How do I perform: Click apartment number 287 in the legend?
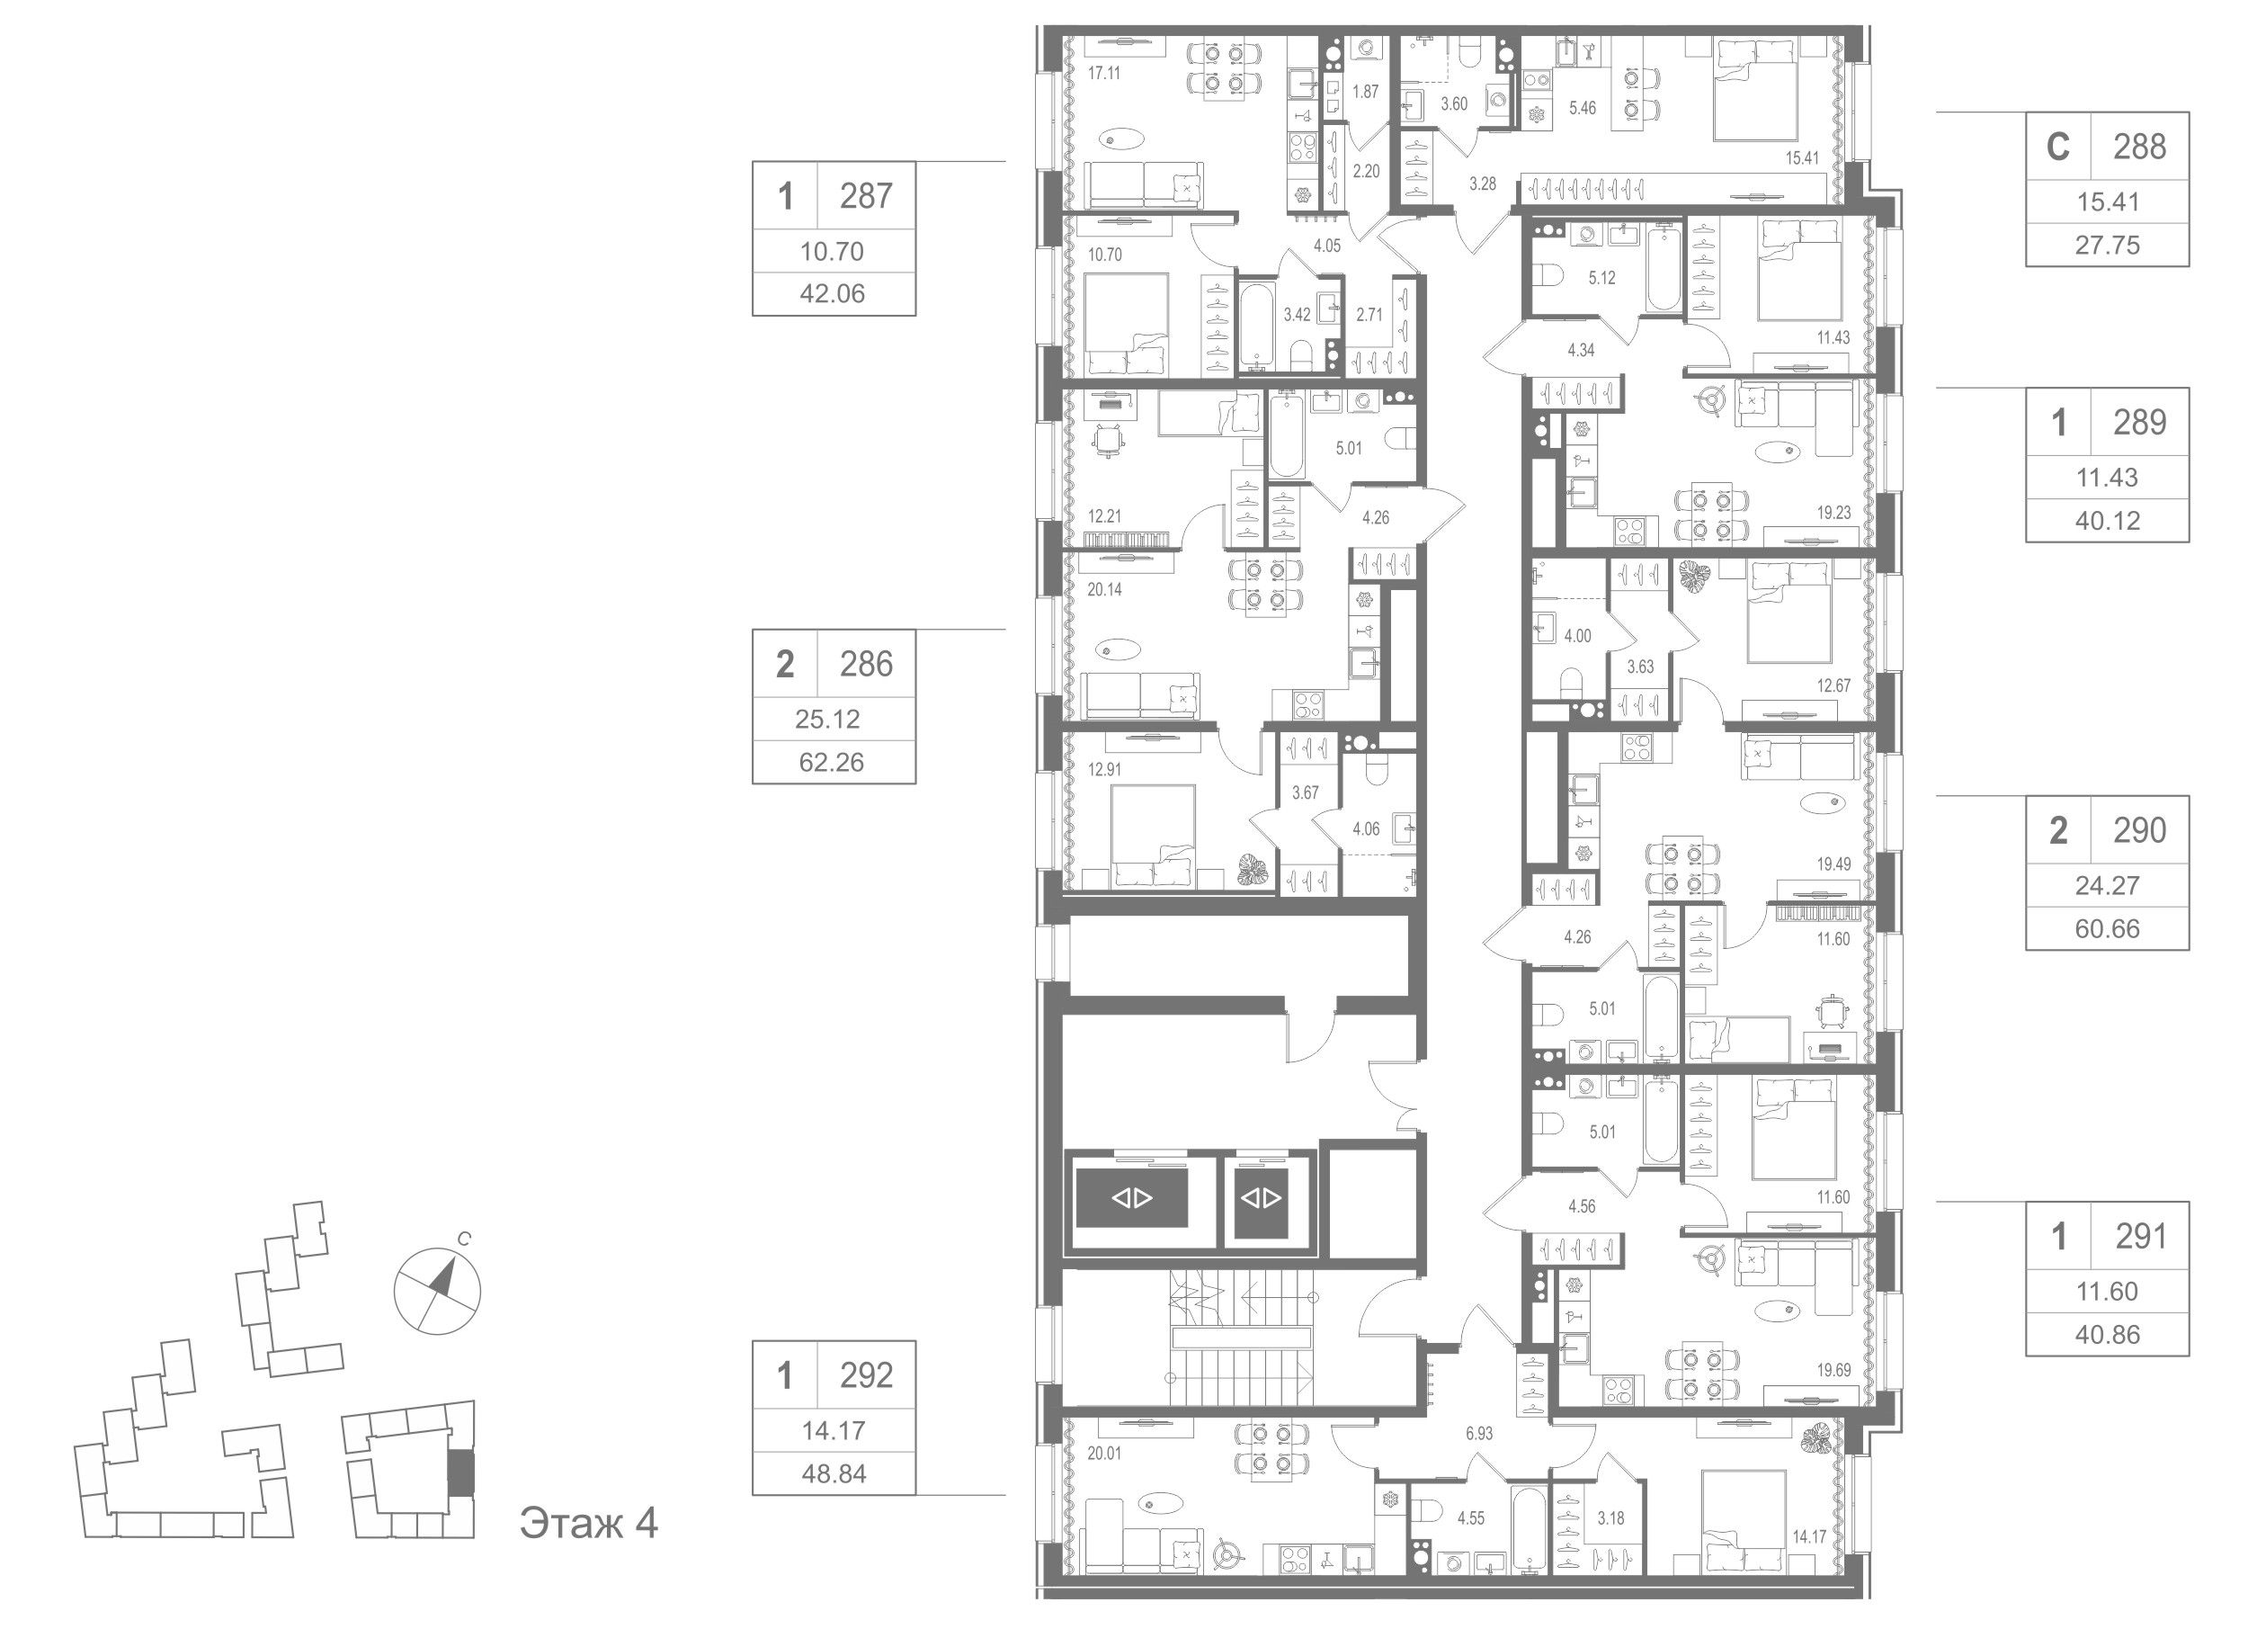coord(865,196)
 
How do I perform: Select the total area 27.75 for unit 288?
coord(2107,245)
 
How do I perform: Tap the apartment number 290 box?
coord(2139,830)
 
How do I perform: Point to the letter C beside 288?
coord(2057,147)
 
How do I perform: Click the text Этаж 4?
coord(589,1523)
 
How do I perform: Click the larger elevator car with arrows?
coord(1131,1198)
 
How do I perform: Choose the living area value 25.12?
coord(827,719)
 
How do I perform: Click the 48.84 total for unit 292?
coord(834,1474)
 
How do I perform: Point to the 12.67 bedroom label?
coord(1833,685)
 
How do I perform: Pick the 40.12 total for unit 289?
coord(2107,521)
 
